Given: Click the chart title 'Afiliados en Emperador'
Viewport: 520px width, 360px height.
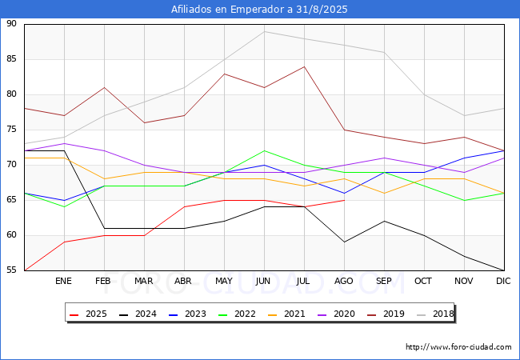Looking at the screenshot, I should tap(260, 10).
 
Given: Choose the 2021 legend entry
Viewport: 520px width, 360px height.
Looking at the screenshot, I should tap(285, 314).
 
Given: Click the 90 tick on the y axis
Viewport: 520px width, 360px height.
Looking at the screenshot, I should tap(11, 24).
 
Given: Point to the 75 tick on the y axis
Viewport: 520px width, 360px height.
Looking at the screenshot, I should tap(11, 130).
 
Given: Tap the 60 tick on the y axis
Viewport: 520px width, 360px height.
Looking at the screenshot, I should tap(11, 235).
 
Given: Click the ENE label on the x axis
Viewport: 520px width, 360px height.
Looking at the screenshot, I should tap(64, 282).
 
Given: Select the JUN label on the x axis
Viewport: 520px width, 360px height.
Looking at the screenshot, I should tap(264, 282).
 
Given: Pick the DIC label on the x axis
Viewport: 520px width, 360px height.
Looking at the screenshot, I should tap(503, 282).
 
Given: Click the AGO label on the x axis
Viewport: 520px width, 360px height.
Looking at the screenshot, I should tap(344, 282).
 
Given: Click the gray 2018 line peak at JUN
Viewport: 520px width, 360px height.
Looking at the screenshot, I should tap(264, 31).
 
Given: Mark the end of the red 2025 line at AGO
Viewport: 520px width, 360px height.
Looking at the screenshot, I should tap(344, 200).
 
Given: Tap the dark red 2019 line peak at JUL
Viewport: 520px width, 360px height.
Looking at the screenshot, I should tap(304, 66).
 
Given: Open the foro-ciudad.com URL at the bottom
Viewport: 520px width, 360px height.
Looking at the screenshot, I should tap(458, 347).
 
